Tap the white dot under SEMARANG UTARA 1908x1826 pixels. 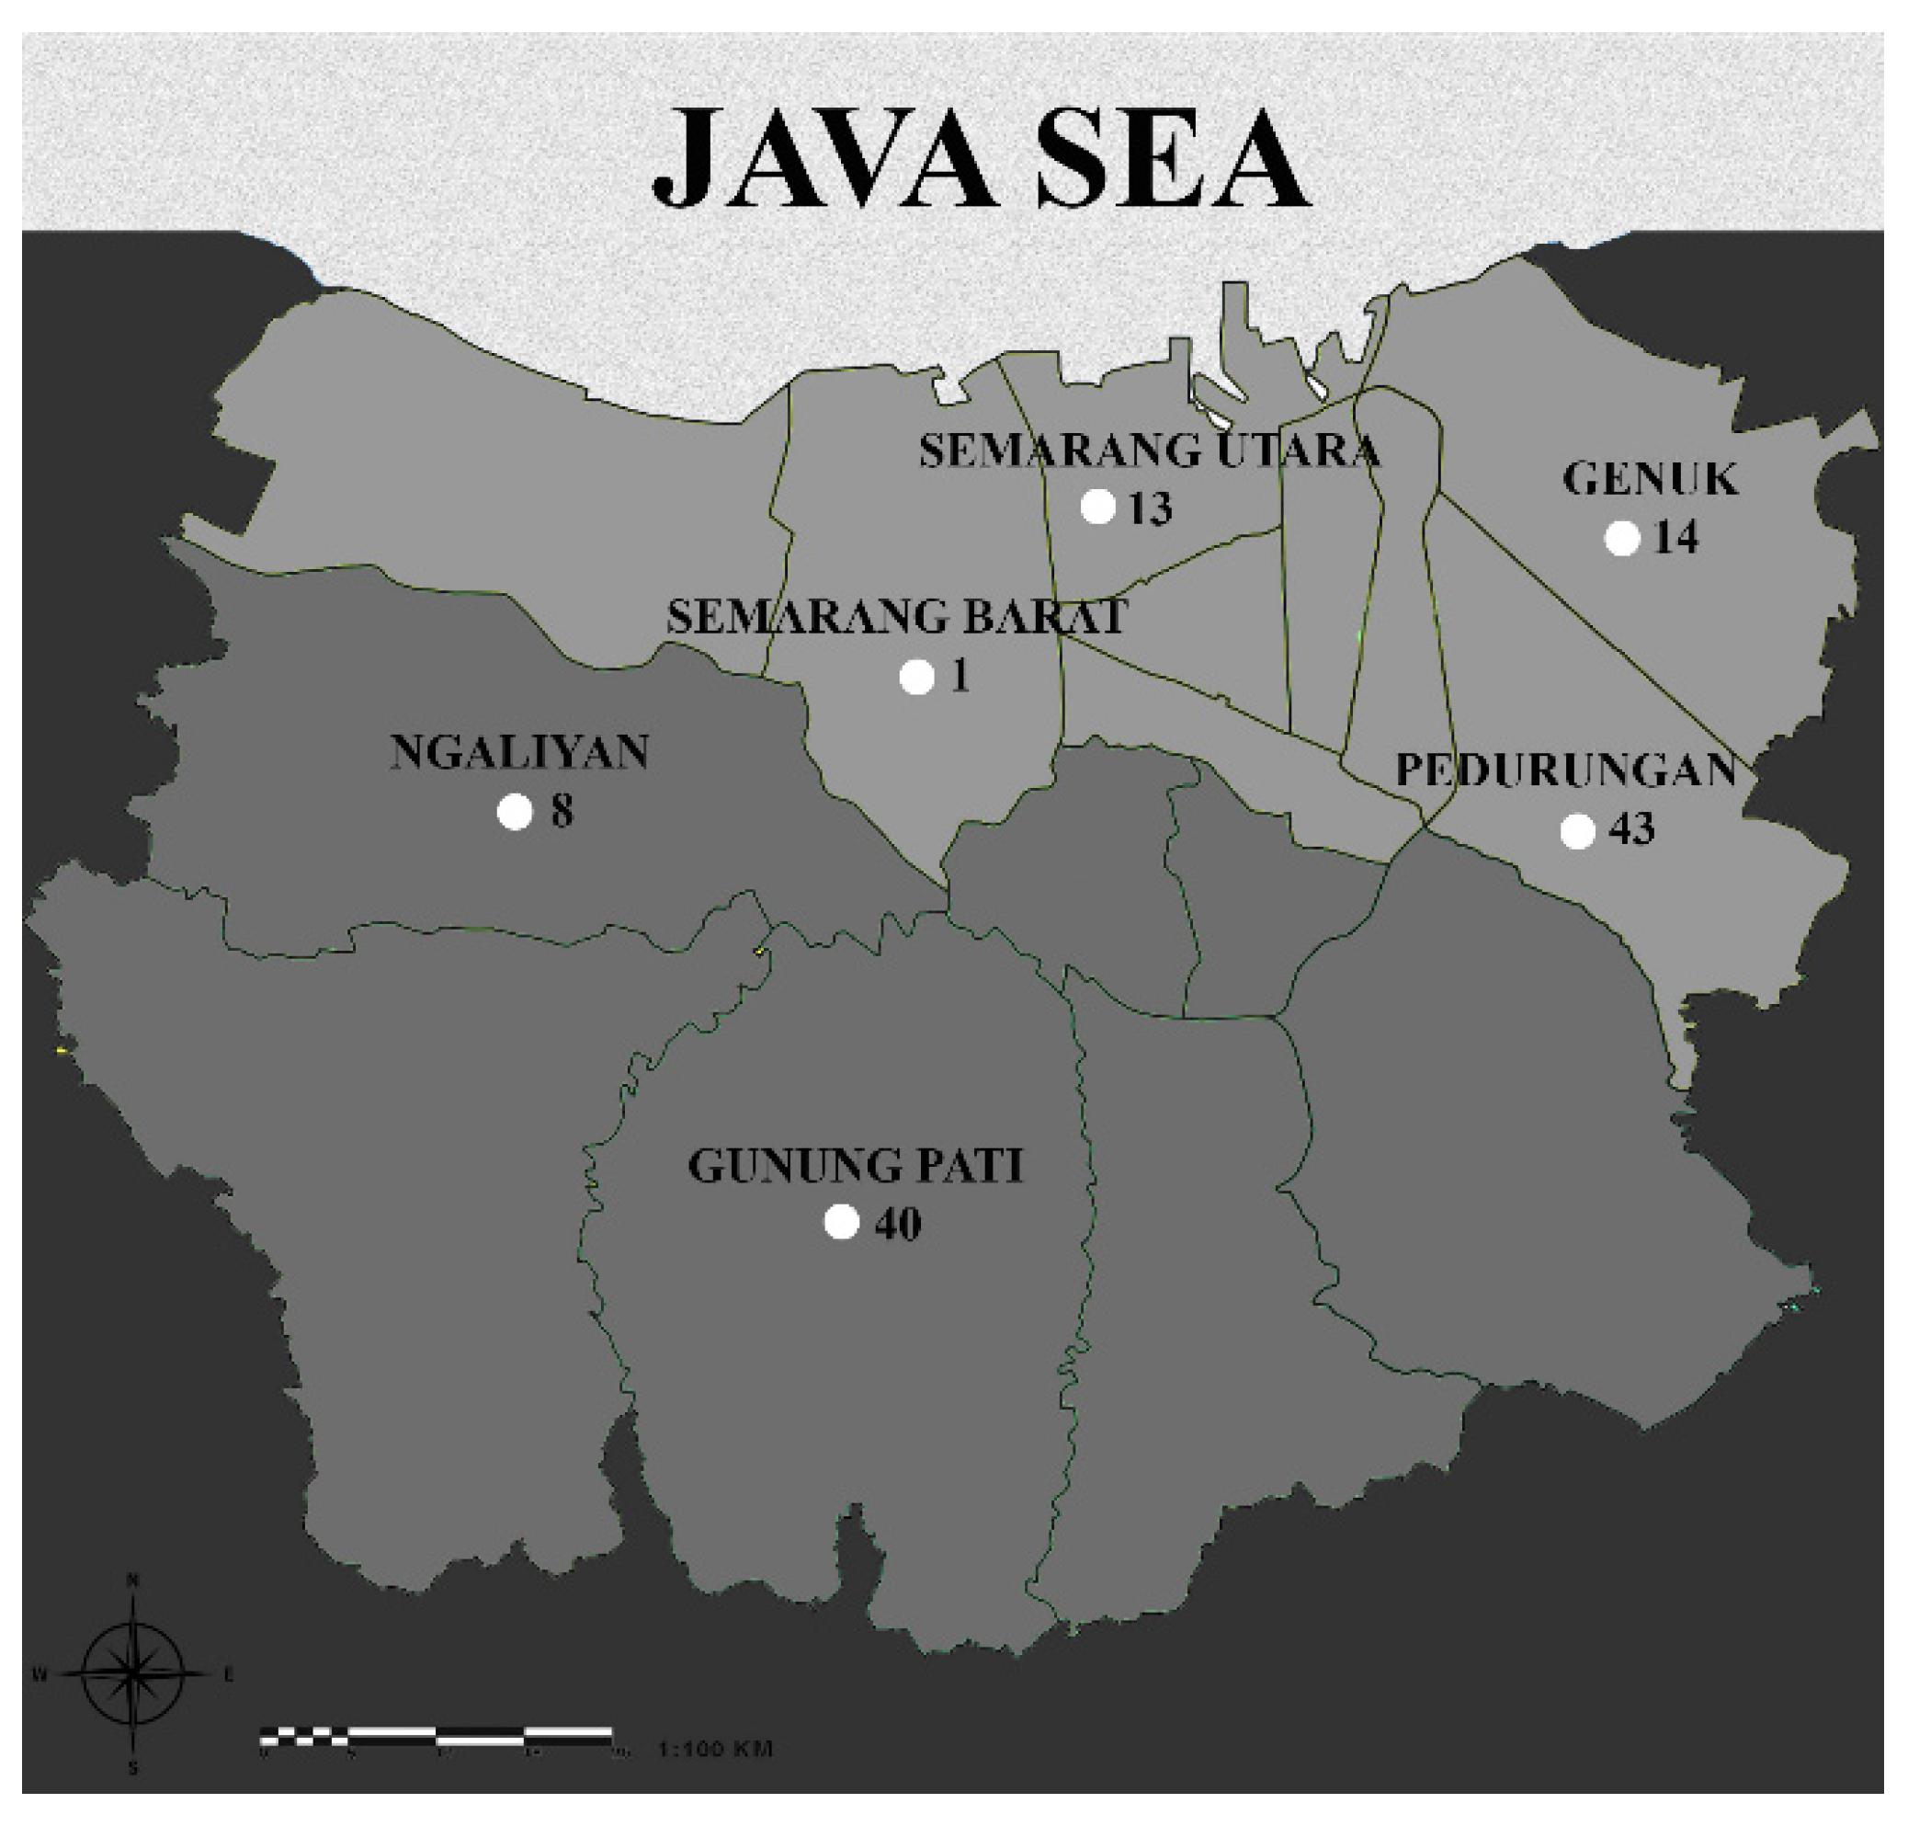tap(1097, 506)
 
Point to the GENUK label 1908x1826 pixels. tap(1649, 479)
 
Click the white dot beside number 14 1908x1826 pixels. tap(1621, 537)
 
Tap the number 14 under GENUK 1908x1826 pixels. tap(1675, 538)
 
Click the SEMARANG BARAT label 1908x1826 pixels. tap(897, 617)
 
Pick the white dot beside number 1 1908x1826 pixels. tap(916, 677)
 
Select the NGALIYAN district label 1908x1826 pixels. tap(519, 752)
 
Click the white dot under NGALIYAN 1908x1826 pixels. tap(515, 811)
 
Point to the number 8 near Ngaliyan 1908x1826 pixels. tap(562, 812)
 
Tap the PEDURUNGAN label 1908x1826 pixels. tap(1565, 770)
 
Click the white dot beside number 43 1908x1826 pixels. tap(1577, 831)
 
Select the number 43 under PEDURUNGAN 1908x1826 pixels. tap(1631, 829)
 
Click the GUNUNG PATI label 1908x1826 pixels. tap(856, 1166)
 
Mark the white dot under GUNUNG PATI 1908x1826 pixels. tap(842, 1222)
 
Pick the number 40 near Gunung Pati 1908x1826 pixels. tap(897, 1225)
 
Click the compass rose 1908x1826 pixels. tap(133, 1673)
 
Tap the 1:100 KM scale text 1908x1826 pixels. tap(715, 1749)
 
